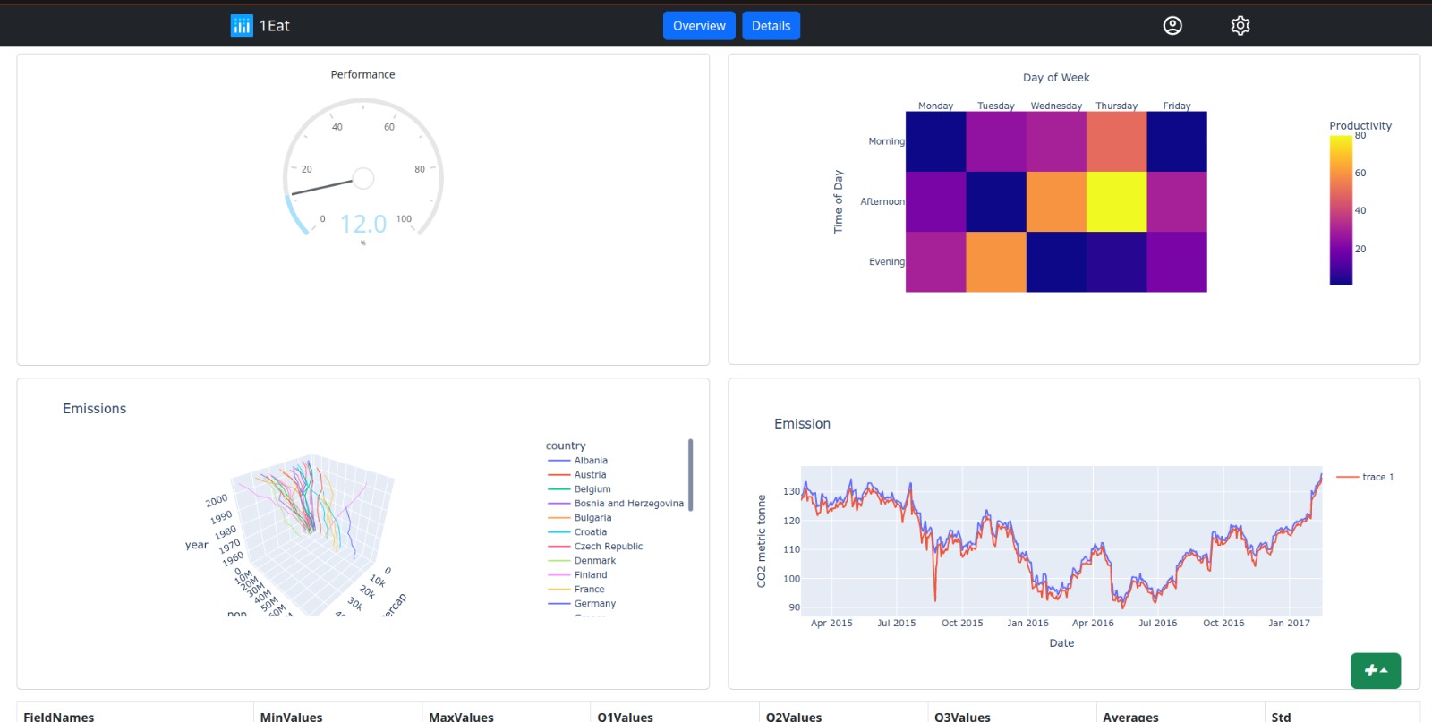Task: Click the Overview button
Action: (699, 26)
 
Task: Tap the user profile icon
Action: (1172, 26)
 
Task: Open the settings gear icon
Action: (1240, 26)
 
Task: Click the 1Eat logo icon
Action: (242, 26)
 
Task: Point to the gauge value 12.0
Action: (363, 224)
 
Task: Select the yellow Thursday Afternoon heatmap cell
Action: (1116, 201)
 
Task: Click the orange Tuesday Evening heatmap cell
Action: (996, 261)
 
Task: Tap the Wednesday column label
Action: (1056, 106)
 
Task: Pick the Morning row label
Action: (886, 141)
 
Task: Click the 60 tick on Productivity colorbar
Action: (1360, 173)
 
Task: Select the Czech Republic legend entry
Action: (608, 547)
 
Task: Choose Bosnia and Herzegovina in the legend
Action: (628, 504)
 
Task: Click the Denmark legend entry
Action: (594, 561)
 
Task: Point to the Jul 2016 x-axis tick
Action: (1157, 623)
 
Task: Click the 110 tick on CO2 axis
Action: (791, 549)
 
